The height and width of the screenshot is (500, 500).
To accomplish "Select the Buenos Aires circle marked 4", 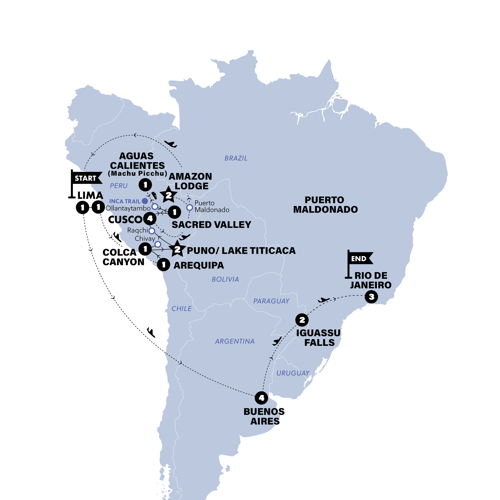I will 261,398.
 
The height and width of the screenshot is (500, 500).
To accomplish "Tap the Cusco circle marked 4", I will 150,219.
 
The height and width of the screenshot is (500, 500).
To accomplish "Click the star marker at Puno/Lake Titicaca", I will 177,249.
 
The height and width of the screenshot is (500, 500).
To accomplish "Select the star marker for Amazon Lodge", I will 168,195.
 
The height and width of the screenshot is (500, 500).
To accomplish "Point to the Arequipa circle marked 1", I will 164,265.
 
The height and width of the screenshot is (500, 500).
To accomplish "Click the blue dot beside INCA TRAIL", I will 145,201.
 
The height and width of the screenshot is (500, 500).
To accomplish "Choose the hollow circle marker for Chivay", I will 158,244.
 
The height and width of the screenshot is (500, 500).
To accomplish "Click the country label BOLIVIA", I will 225,280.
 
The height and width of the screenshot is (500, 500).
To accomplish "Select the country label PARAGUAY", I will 271,301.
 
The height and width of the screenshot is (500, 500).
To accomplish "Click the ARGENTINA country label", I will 235,341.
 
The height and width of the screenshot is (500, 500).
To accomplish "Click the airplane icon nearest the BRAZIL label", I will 171,144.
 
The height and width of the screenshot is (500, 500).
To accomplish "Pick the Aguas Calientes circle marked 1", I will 145,185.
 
